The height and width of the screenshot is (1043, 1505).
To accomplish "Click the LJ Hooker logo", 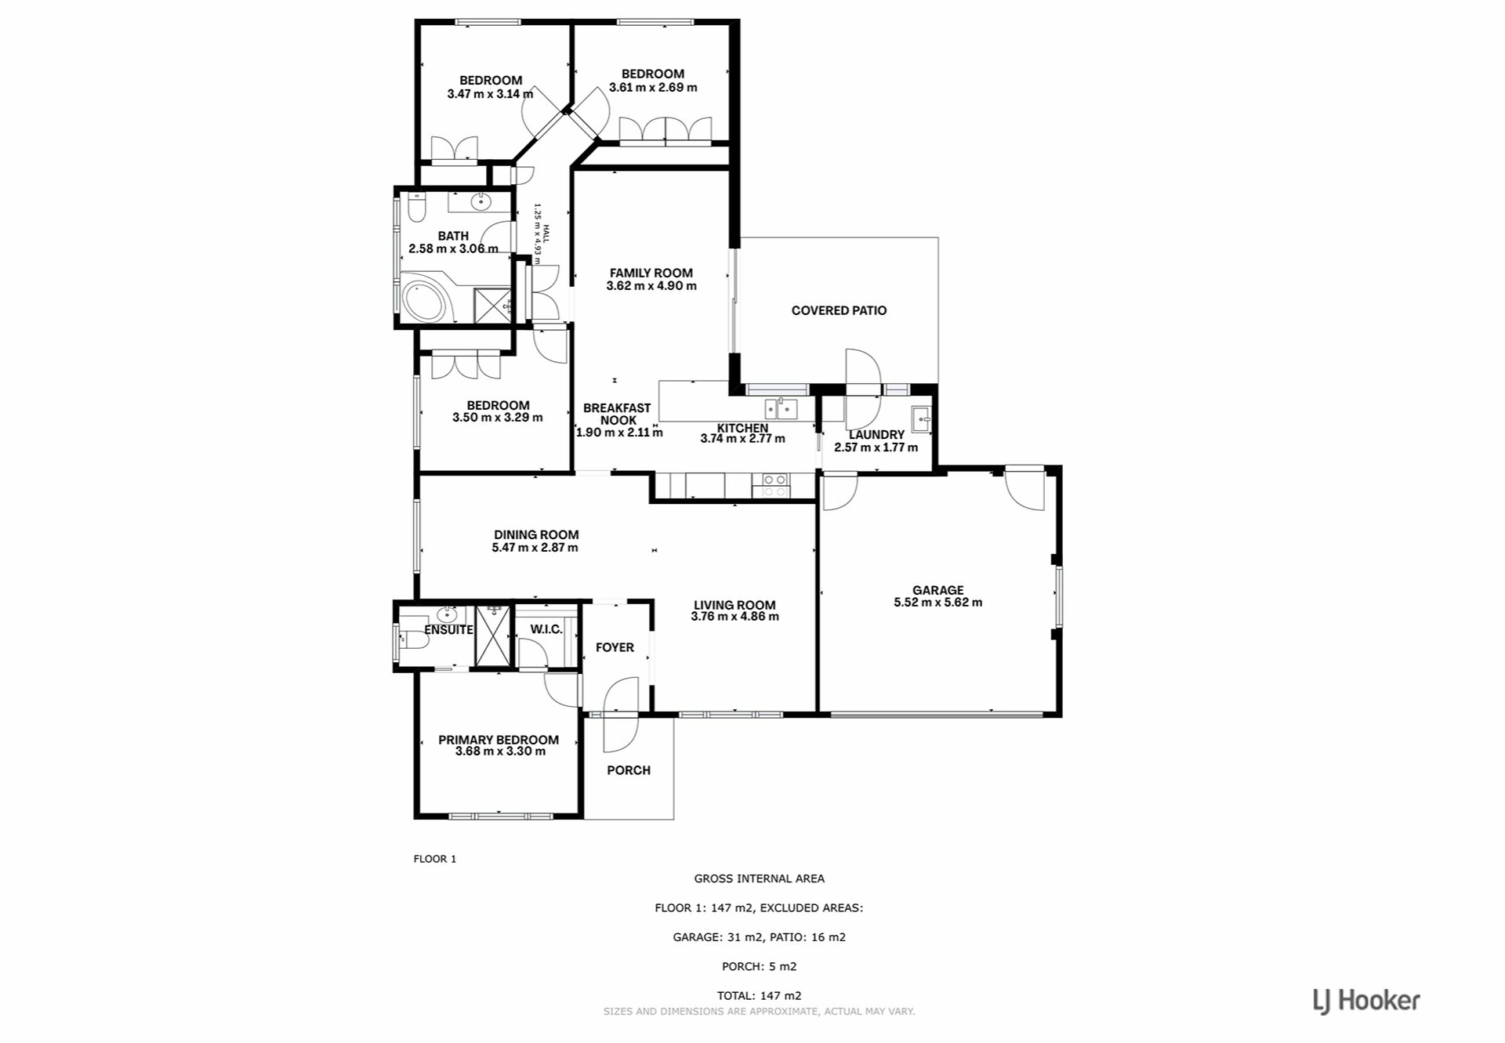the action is pyautogui.click(x=1366, y=1001).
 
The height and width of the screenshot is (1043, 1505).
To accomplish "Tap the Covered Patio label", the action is pyautogui.click(x=839, y=310).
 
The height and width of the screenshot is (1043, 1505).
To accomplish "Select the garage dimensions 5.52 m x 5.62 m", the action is pyautogui.click(x=937, y=603).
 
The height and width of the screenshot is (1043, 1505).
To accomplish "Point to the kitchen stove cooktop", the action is pyautogui.click(x=775, y=486).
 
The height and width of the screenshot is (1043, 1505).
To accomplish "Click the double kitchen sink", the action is pyautogui.click(x=782, y=409).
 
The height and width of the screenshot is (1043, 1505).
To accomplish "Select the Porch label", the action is pyautogui.click(x=629, y=770).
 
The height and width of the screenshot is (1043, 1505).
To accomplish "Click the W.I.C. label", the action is pyautogui.click(x=546, y=629).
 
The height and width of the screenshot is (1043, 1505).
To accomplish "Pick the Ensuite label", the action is pyautogui.click(x=449, y=630).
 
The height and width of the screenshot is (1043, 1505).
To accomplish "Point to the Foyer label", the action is pyautogui.click(x=615, y=647).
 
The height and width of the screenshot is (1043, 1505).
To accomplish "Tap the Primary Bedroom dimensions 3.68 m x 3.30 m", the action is pyautogui.click(x=500, y=751).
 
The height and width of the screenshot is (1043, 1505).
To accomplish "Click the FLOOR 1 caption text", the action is pyautogui.click(x=435, y=859).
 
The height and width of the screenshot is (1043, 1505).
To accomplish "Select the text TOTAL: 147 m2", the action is pyautogui.click(x=759, y=996).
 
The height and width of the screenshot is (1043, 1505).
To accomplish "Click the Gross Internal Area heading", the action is pyautogui.click(x=759, y=879).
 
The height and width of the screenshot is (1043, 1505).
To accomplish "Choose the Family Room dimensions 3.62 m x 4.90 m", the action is pyautogui.click(x=651, y=286).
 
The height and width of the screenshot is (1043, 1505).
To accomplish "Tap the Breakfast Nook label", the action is pyautogui.click(x=617, y=414).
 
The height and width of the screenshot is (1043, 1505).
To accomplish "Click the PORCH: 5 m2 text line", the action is pyautogui.click(x=759, y=966).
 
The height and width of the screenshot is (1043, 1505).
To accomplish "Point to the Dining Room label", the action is pyautogui.click(x=536, y=534).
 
